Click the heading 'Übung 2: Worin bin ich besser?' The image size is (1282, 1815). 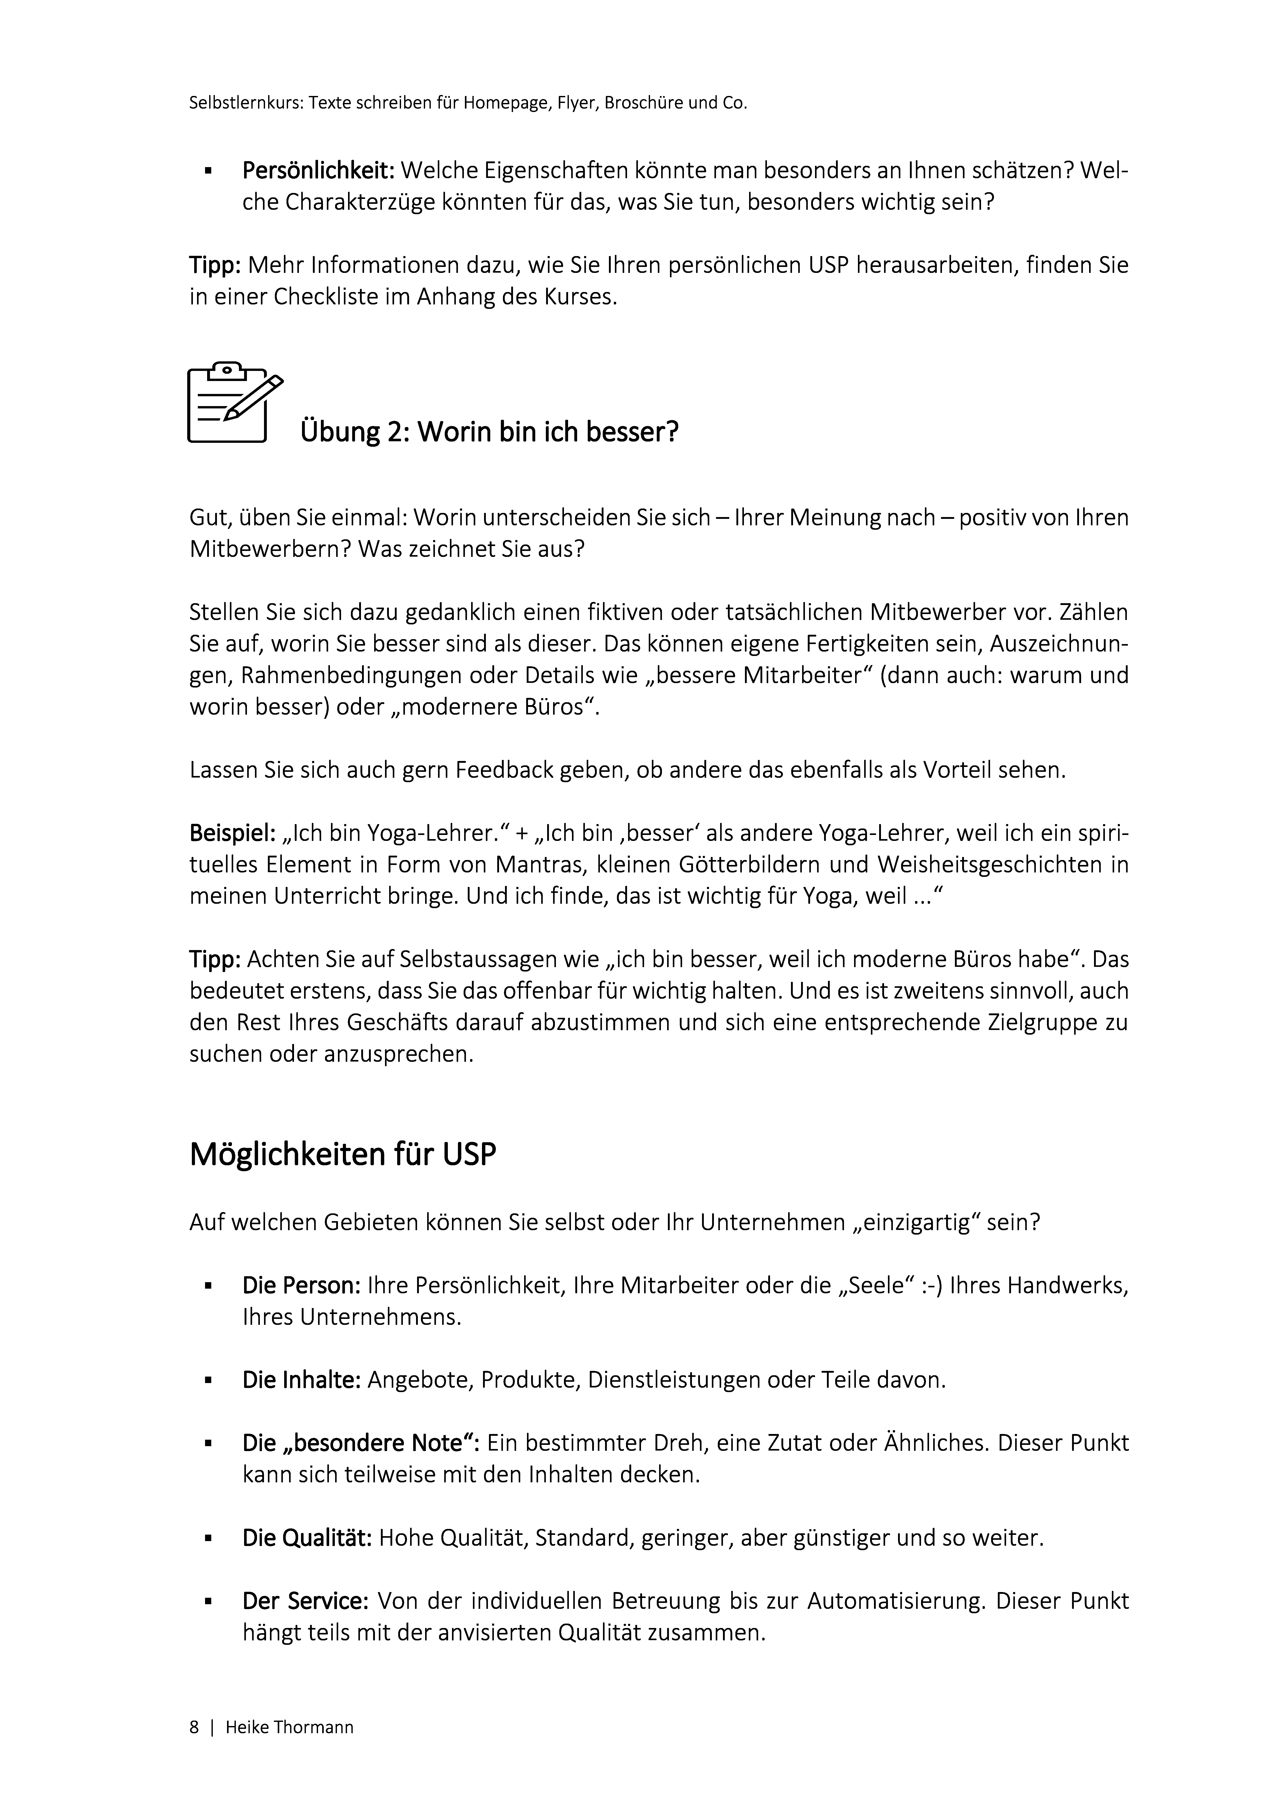[x=489, y=432]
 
